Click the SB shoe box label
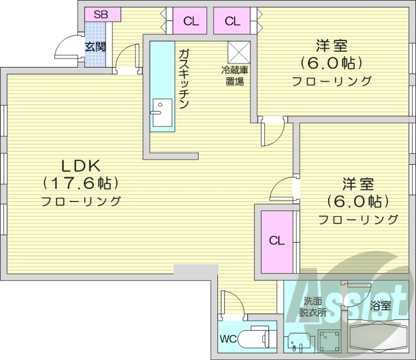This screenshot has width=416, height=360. pos(101,15)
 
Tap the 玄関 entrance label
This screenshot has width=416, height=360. pos(95,47)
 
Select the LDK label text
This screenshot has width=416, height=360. pos(81,166)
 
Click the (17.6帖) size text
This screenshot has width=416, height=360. pos(81,183)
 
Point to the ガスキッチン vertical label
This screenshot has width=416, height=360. pos(183,78)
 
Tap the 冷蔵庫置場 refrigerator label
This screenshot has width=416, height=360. pos(235,75)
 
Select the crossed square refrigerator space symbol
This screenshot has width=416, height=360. pos(239,51)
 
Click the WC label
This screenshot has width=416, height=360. pos(228,340)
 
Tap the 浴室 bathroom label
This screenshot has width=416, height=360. pos(381,306)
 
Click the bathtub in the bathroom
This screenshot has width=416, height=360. pos(378,338)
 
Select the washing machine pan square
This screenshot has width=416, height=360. pos(329,341)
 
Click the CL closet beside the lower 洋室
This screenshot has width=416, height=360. pos(277,241)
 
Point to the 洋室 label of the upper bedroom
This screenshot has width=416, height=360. pos(331,46)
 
